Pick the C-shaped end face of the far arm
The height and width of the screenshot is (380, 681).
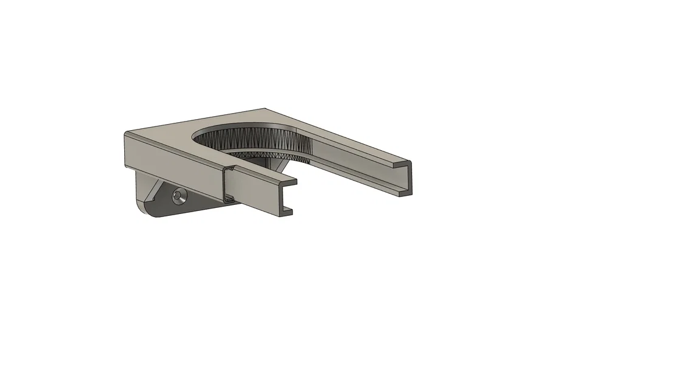coord(406,179)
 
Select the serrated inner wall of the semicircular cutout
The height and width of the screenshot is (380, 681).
coord(256,140)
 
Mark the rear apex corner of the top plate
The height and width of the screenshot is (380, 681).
coord(265,109)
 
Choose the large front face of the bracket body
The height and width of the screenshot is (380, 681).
coord(170,164)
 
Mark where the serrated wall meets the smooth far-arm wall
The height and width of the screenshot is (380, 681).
coord(310,149)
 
